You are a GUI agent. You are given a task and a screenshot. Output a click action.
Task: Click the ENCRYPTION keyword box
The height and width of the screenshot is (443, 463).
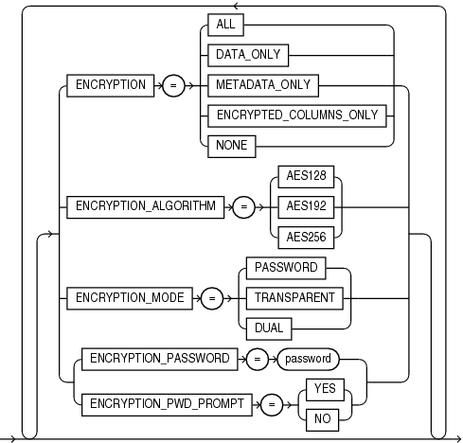pyautogui.click(x=110, y=85)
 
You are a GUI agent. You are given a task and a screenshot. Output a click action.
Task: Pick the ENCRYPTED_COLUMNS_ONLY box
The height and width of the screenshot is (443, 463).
pyautogui.click(x=297, y=115)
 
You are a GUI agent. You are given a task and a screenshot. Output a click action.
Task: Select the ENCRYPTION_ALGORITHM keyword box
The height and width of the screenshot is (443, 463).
pyautogui.click(x=145, y=204)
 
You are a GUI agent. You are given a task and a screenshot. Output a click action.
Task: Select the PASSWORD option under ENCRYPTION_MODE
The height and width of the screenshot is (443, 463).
pyautogui.click(x=286, y=268)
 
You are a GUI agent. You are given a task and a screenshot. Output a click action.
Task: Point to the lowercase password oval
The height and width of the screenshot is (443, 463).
pyautogui.click(x=308, y=360)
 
